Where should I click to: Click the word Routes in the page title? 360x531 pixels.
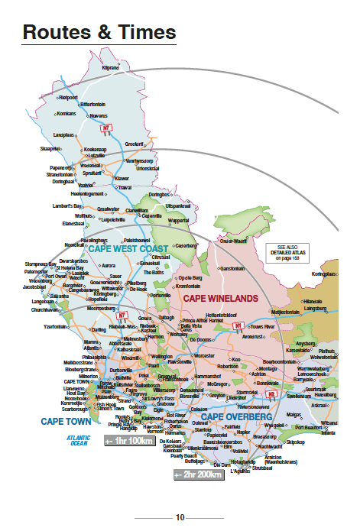pos(58,32)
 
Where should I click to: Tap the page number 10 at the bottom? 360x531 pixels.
pos(180,516)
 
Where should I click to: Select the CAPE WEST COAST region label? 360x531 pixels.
pos(128,250)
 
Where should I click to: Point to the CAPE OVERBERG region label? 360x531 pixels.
pos(236,417)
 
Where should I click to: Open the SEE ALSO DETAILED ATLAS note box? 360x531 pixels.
pos(286,254)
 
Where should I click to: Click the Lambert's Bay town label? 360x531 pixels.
pos(68,206)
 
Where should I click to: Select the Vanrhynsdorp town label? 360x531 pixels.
pos(141,161)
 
